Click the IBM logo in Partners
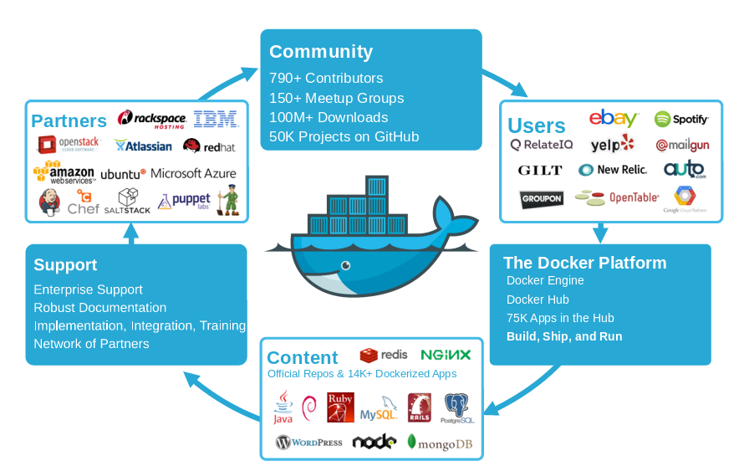tap(216, 119)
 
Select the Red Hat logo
tap(209, 146)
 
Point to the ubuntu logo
tap(123, 174)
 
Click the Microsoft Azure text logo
tap(193, 173)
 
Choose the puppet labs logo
tap(183, 201)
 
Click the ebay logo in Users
tap(614, 119)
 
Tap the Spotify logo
tap(680, 119)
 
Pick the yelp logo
tap(612, 144)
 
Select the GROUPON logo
tap(541, 198)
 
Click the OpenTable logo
tap(617, 197)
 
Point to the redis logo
tap(384, 355)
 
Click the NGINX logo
tap(446, 355)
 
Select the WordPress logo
tap(308, 442)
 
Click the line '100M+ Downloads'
tap(329, 117)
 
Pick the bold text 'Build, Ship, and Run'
tap(564, 336)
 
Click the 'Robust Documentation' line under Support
tap(99, 307)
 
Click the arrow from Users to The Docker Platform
tap(599, 232)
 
